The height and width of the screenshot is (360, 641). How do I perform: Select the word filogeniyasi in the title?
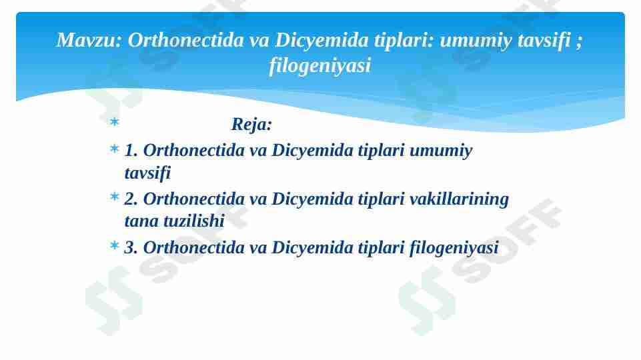tap(319, 66)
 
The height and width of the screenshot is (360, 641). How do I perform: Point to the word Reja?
tap(251, 125)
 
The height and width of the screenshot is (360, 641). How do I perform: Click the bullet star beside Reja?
tap(114, 123)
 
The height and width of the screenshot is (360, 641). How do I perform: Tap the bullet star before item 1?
tap(114, 149)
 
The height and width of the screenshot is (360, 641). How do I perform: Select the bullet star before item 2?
tap(114, 197)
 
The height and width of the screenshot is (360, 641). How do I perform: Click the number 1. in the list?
tap(131, 151)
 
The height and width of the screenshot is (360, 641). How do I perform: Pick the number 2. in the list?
tap(131, 199)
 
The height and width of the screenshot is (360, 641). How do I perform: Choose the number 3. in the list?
tap(131, 248)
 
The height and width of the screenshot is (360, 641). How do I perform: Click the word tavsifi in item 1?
tap(147, 173)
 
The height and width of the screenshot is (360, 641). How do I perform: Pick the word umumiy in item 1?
tap(440, 151)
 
